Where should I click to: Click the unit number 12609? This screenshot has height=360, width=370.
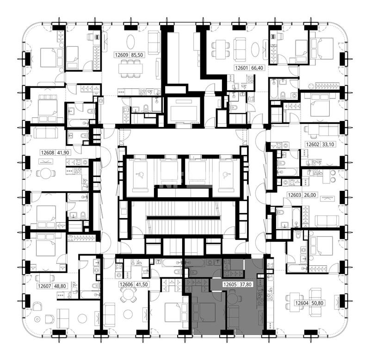122,55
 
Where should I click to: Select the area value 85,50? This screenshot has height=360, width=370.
137,55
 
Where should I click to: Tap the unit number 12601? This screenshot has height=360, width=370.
242,68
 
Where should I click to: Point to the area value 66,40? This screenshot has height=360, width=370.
257,68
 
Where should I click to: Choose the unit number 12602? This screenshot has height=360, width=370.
313,144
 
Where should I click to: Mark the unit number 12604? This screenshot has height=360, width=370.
302,303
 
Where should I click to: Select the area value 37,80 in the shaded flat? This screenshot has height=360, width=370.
246,285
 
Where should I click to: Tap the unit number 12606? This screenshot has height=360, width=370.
126,285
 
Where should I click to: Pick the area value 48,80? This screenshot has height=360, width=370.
60,286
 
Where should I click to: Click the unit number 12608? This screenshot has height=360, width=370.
48,153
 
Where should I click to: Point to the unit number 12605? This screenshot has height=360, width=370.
230,285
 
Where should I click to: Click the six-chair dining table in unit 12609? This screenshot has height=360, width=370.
130,68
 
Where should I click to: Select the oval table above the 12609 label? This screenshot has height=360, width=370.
131,42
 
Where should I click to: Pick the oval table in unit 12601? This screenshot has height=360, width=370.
256,49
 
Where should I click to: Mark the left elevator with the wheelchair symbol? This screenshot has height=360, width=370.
140,175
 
